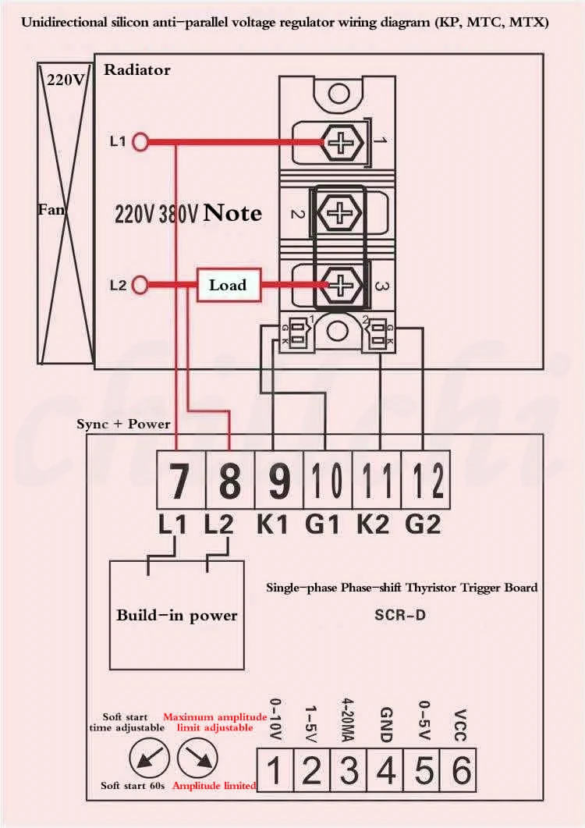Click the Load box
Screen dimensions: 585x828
(227, 285)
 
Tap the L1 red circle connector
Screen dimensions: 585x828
(141, 142)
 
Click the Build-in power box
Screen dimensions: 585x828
(177, 615)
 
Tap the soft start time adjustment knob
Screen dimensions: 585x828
(146, 757)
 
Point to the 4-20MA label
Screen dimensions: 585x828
(348, 719)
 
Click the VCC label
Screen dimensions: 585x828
(460, 725)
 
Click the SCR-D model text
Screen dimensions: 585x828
(399, 615)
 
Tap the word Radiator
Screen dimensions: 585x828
(136, 70)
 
